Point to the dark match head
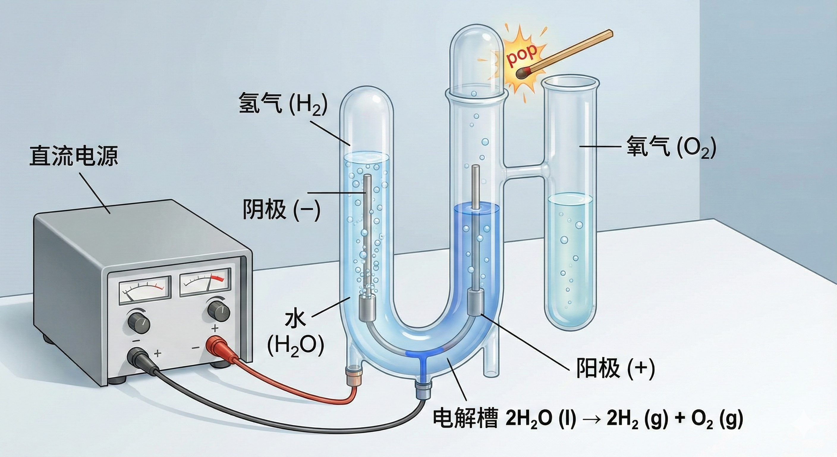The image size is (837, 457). click(522, 73)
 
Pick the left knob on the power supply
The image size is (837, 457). click(139, 322)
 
